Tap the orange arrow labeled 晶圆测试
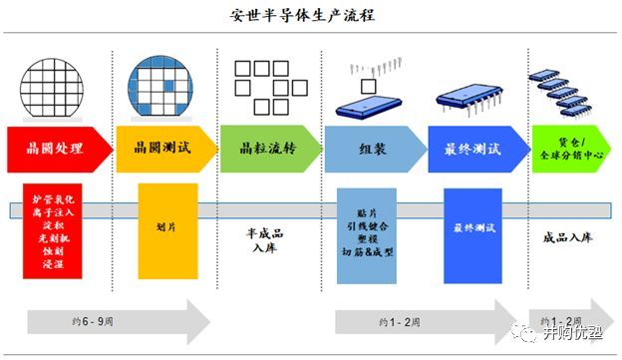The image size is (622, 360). coord(161,149)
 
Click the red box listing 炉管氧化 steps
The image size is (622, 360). coord(53,230)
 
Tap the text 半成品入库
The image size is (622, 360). coord(267,240)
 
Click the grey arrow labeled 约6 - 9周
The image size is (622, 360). coord(115,322)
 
